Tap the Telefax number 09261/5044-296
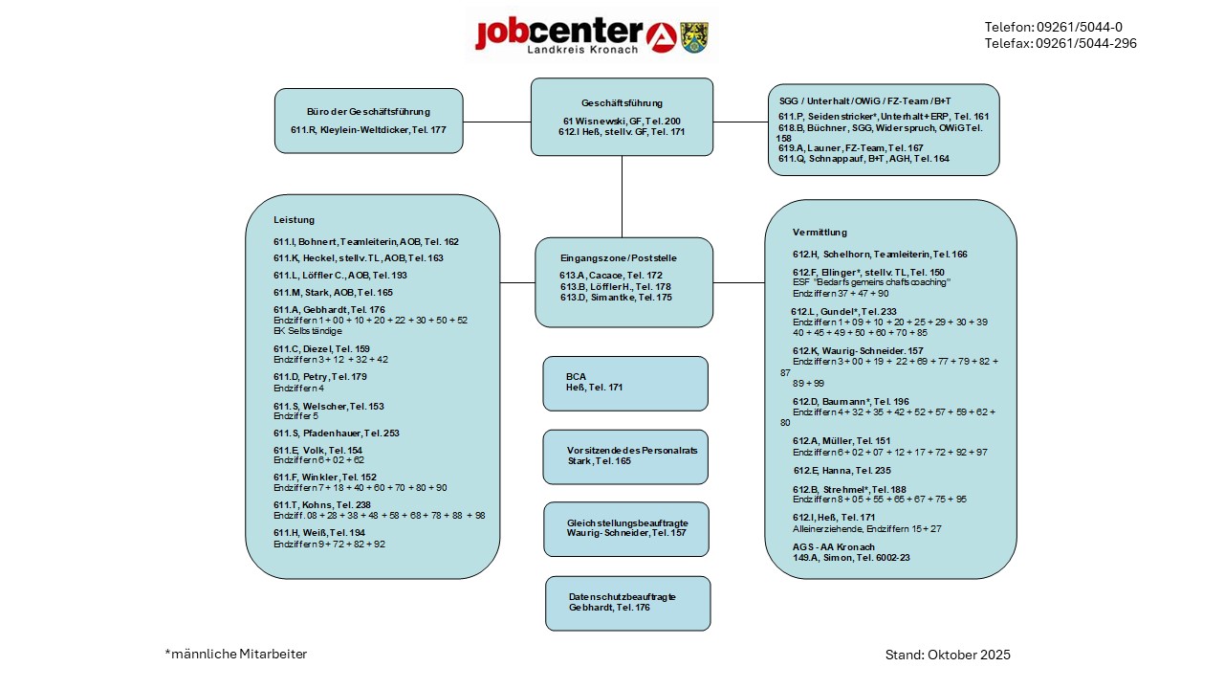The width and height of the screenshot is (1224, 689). [x=1060, y=43]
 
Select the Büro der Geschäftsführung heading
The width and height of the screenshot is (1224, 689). [x=368, y=112]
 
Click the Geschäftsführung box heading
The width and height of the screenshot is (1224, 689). [x=622, y=103]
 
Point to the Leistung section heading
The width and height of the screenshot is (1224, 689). [x=294, y=220]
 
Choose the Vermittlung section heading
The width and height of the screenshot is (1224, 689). [x=820, y=233]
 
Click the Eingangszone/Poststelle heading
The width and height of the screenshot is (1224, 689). [x=619, y=258]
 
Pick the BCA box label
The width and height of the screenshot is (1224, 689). [x=576, y=376]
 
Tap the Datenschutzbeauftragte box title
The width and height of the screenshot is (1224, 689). [x=622, y=596]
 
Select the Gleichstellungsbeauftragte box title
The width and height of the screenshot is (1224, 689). [x=627, y=522]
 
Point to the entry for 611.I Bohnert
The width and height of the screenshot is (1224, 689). [x=366, y=242]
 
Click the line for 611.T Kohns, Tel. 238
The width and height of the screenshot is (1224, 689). [x=322, y=504]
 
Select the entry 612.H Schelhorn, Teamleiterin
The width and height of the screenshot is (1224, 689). [x=880, y=255]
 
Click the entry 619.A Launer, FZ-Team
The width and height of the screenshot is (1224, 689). [x=850, y=148]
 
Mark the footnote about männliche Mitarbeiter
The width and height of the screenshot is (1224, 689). [x=236, y=654]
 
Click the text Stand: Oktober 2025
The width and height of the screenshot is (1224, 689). [x=948, y=655]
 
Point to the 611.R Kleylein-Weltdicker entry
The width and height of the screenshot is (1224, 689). [x=368, y=129]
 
